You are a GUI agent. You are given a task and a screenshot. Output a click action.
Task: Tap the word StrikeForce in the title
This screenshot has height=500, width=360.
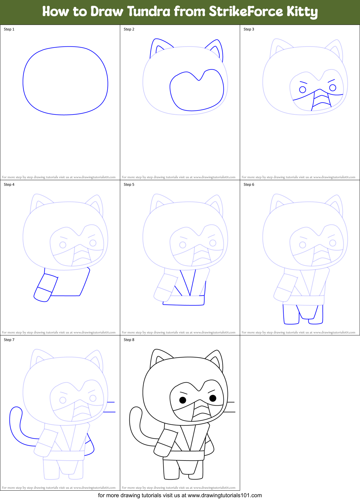click(x=246, y=12)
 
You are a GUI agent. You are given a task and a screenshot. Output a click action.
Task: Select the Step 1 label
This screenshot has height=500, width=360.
click(x=9, y=29)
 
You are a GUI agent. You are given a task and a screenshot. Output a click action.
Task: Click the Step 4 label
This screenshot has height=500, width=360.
click(x=9, y=185)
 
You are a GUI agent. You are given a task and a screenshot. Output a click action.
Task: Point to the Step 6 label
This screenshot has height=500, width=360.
click(x=249, y=185)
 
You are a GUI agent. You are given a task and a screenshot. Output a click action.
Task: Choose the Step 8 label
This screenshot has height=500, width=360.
click(x=129, y=340)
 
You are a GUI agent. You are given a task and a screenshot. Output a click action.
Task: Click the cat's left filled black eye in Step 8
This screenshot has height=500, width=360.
click(x=183, y=400)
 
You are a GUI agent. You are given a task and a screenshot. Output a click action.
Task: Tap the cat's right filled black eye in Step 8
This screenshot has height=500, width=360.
click(x=213, y=398)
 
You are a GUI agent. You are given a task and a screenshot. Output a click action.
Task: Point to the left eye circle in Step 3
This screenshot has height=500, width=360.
click(x=302, y=90)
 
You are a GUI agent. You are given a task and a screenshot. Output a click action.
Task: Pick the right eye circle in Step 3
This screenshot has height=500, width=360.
click(x=333, y=88)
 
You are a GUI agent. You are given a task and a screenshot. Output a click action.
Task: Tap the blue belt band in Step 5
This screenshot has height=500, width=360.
click(x=184, y=300)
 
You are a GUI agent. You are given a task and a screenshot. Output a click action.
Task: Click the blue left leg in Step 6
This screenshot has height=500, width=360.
click(x=291, y=315)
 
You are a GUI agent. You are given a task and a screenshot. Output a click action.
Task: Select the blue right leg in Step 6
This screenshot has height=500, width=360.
click(x=316, y=315)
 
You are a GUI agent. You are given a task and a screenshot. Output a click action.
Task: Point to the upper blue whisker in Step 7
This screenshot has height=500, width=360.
click(x=111, y=402)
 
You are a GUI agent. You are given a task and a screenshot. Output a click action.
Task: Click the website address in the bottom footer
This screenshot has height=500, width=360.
click(x=225, y=495)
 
